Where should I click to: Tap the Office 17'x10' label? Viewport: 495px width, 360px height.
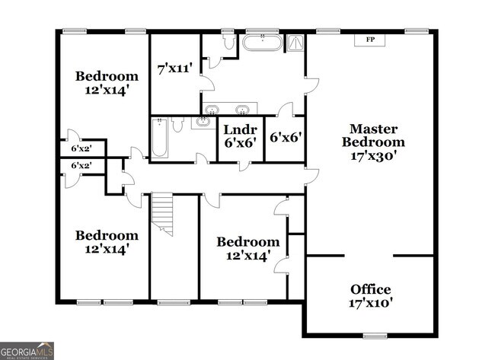[x=371, y=296]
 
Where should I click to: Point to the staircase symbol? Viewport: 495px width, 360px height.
[x=163, y=213]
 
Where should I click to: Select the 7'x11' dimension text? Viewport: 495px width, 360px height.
[x=174, y=69]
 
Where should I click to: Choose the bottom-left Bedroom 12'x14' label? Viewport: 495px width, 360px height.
[x=106, y=241]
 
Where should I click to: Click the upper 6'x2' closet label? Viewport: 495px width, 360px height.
[x=81, y=148]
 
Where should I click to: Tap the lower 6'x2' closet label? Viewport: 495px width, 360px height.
[x=81, y=165]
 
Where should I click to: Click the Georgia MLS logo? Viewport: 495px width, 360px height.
[x=27, y=351]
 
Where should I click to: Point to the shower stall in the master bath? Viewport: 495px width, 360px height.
[x=295, y=43]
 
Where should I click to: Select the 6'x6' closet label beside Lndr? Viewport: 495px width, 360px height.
[x=286, y=138]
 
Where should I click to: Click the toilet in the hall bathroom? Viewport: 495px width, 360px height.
[x=177, y=124]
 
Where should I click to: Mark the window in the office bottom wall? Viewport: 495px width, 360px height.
[x=374, y=336]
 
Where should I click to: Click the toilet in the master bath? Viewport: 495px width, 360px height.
[x=228, y=42]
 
